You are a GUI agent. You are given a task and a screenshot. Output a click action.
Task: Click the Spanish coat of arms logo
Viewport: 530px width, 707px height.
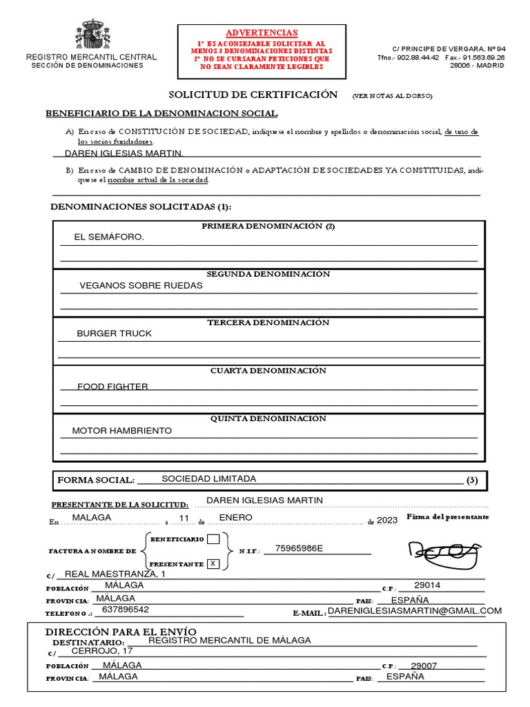click(92, 35)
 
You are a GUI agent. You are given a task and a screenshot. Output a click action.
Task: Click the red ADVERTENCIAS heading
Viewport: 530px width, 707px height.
click(263, 32)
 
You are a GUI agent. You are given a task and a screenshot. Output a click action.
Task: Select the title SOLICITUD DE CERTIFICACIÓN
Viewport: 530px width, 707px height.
click(253, 95)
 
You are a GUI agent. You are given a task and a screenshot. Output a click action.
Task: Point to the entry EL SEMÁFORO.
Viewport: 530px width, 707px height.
click(110, 237)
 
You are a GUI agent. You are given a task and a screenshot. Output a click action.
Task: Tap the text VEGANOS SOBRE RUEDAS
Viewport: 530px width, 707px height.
click(141, 285)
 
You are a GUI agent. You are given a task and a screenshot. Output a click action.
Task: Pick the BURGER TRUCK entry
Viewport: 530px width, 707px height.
click(114, 333)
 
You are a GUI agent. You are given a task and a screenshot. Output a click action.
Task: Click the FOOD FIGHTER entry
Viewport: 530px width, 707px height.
click(112, 387)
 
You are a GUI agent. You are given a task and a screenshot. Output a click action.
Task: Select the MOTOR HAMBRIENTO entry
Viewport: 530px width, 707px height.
click(122, 431)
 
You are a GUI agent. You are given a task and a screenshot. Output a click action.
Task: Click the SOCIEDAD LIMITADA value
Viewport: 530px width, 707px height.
click(208, 478)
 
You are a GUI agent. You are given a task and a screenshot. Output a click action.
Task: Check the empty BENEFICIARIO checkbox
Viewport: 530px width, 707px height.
click(214, 539)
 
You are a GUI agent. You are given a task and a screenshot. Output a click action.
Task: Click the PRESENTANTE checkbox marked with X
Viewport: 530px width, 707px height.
click(214, 563)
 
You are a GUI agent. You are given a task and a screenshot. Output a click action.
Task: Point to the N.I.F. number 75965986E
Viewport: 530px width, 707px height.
click(299, 549)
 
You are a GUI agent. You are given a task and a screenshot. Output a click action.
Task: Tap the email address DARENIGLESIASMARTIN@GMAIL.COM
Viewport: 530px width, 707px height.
click(414, 611)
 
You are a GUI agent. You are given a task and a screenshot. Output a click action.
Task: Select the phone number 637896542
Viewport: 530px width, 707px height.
click(125, 610)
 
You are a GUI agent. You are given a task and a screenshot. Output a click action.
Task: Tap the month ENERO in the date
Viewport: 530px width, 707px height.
click(235, 517)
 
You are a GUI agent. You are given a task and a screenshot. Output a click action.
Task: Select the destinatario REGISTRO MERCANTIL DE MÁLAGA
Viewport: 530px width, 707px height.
click(230, 640)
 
